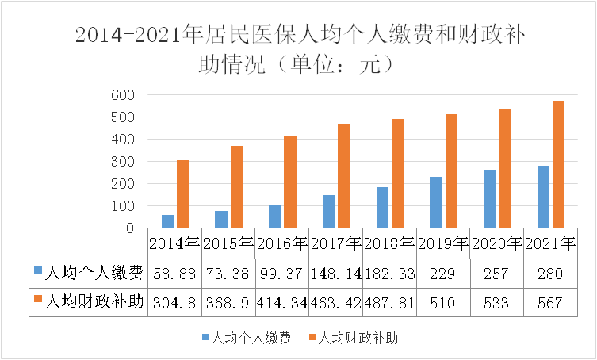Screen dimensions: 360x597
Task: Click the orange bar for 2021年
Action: click(x=559, y=165)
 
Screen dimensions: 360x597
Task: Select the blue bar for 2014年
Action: click(x=167, y=221)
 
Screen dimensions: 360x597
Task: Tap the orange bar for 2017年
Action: click(x=343, y=176)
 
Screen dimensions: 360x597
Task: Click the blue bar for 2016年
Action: click(x=274, y=216)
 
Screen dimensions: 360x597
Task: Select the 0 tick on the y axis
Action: click(x=131, y=228)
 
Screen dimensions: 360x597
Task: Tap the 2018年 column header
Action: click(x=389, y=243)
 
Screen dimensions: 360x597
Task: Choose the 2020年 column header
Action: click(x=496, y=243)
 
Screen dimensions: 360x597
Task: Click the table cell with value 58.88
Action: click(x=174, y=274)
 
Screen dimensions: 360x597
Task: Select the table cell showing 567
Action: click(x=549, y=303)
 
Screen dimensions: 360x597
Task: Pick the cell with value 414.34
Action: click(x=281, y=303)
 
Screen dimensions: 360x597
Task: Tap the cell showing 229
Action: click(x=442, y=274)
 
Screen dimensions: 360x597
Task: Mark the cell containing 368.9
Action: click(x=228, y=303)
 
